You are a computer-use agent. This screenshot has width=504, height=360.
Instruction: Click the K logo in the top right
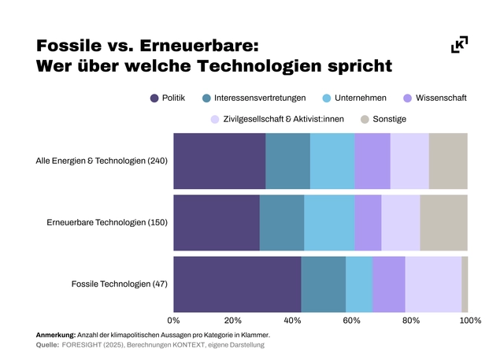point(459,46)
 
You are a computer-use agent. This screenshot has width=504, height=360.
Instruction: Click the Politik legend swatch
point(154,98)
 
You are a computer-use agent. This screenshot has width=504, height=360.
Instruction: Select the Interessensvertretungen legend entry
point(249,98)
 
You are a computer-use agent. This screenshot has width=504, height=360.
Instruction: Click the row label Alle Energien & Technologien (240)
point(102,161)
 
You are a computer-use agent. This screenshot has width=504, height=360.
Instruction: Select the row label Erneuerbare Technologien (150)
point(107,223)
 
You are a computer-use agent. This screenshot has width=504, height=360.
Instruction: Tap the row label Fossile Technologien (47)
point(120,284)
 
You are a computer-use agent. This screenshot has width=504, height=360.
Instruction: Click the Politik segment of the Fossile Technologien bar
point(237,284)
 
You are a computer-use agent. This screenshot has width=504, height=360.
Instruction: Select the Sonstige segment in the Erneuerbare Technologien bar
point(443,223)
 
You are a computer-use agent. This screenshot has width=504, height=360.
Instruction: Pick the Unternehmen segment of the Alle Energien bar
point(332,161)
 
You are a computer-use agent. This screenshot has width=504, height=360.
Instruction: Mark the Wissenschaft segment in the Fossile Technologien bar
point(389,284)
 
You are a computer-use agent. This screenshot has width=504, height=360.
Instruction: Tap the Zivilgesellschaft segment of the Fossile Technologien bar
point(433,284)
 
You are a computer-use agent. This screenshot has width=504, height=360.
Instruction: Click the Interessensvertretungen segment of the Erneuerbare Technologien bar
point(281,223)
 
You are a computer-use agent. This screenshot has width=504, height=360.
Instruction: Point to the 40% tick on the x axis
point(292,321)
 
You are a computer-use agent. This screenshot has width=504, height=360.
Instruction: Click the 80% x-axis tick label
point(410,321)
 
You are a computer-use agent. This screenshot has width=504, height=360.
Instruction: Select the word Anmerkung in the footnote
point(56,336)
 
